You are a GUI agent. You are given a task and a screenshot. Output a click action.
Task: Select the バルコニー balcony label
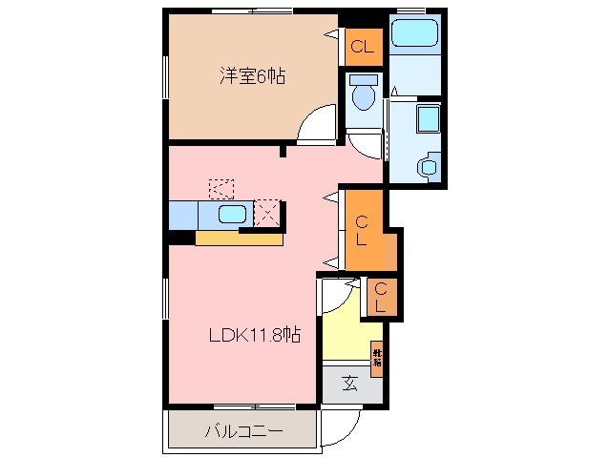pyautogui.click(x=242, y=431)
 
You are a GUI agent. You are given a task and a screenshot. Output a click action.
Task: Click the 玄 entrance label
pyautogui.click(x=349, y=385)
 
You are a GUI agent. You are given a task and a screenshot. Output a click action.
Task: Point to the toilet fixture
pyautogui.click(x=362, y=94)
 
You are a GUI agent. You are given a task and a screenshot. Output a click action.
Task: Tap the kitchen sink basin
pyautogui.click(x=232, y=214)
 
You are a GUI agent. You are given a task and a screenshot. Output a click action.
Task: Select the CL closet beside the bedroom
pyautogui.click(x=362, y=46)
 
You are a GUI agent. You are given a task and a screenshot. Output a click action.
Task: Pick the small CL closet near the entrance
pyautogui.click(x=380, y=298)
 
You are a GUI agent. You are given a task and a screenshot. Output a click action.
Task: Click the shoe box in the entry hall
pyautogui.click(x=377, y=358)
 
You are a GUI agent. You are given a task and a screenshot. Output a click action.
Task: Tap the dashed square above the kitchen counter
pyautogui.click(x=221, y=187)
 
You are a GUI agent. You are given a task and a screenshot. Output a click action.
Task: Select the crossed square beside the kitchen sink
pyautogui.click(x=268, y=213)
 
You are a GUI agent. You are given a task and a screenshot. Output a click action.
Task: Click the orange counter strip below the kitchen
pyautogui.click(x=239, y=239)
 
